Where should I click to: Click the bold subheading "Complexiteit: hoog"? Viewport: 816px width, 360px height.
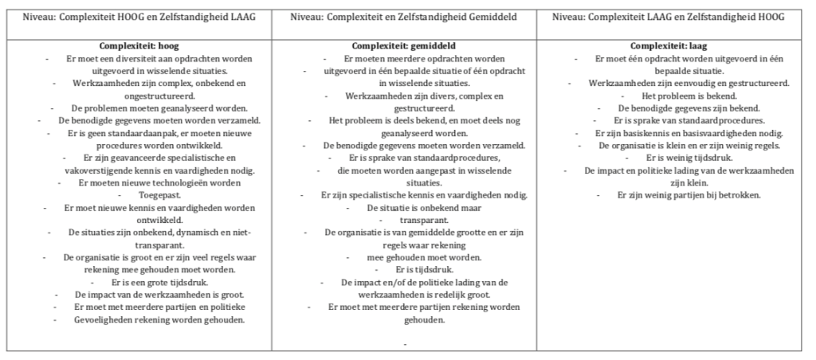139,47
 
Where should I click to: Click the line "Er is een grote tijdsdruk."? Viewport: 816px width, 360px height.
139,282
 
